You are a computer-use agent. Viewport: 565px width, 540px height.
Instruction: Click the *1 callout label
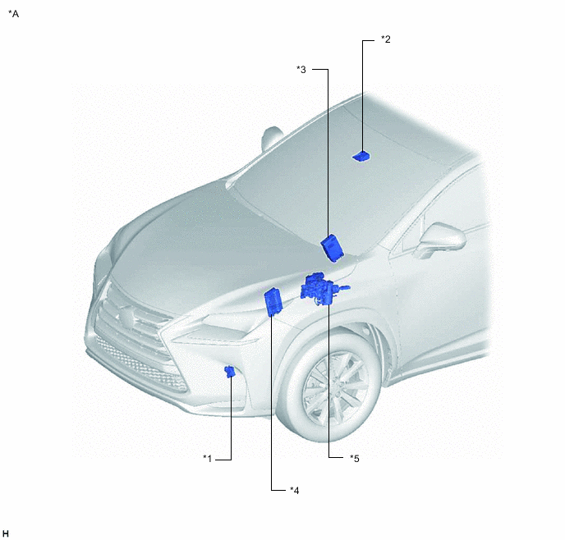(x=207, y=459)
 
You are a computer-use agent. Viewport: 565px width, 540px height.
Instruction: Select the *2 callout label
(x=385, y=39)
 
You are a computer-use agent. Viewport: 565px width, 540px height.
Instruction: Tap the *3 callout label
(x=301, y=70)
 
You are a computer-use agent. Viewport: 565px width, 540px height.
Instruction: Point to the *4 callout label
(x=294, y=490)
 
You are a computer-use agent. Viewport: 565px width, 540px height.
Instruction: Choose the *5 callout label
(x=355, y=459)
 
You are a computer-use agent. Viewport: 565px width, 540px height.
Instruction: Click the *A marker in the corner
(x=14, y=14)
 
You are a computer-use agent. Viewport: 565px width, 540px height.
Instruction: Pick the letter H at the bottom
(x=6, y=533)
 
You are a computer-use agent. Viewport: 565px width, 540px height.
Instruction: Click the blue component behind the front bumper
(x=230, y=371)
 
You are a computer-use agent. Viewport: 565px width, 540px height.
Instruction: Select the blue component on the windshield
(x=361, y=157)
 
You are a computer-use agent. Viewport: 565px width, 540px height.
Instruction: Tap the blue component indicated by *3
(x=333, y=247)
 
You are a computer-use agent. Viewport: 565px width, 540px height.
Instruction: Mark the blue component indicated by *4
(x=273, y=302)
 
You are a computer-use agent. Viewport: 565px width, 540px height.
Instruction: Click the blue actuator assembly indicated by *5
(x=322, y=289)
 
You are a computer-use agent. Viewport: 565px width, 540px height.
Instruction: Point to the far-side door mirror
(x=272, y=138)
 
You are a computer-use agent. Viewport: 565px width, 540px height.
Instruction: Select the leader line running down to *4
(x=271, y=402)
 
